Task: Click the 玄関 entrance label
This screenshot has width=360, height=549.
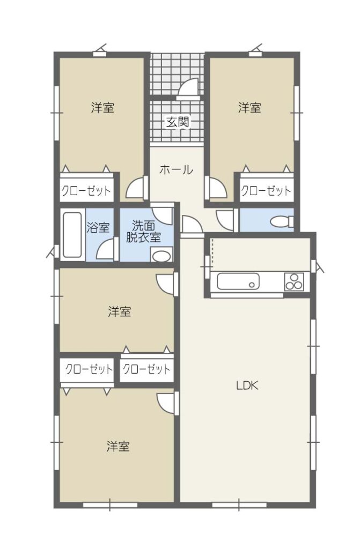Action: pyautogui.click(x=178, y=122)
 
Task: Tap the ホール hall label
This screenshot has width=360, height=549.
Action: pyautogui.click(x=176, y=170)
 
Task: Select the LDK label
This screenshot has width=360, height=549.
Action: pyautogui.click(x=247, y=385)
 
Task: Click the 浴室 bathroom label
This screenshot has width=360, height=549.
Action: pyautogui.click(x=98, y=227)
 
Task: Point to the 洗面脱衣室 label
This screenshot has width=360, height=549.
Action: pyautogui.click(x=143, y=232)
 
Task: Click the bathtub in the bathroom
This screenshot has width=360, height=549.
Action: pyautogui.click(x=73, y=235)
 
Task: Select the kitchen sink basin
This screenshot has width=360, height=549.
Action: pyautogui.click(x=238, y=281)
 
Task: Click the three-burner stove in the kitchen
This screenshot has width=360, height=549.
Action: pyautogui.click(x=294, y=281)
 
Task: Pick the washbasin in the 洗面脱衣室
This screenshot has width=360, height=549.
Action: pyautogui.click(x=161, y=255)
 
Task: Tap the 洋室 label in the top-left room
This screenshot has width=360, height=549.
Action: pyautogui.click(x=102, y=107)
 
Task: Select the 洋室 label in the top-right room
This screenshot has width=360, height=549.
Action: pyautogui.click(x=249, y=107)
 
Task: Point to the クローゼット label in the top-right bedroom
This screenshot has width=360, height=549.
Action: pyautogui.click(x=266, y=191)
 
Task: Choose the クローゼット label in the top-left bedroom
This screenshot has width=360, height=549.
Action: pyautogui.click(x=86, y=191)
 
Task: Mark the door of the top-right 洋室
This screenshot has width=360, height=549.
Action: pyautogui.click(x=216, y=187)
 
